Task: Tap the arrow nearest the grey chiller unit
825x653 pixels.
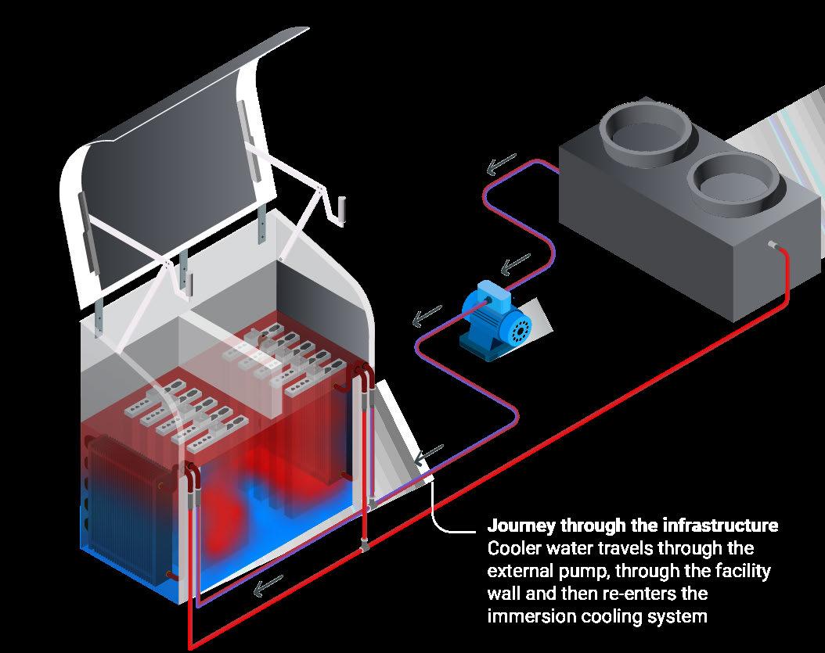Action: [x=499, y=166]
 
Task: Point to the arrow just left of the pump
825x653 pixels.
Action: [x=427, y=317]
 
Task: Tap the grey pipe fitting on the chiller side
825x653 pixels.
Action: [x=772, y=246]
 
